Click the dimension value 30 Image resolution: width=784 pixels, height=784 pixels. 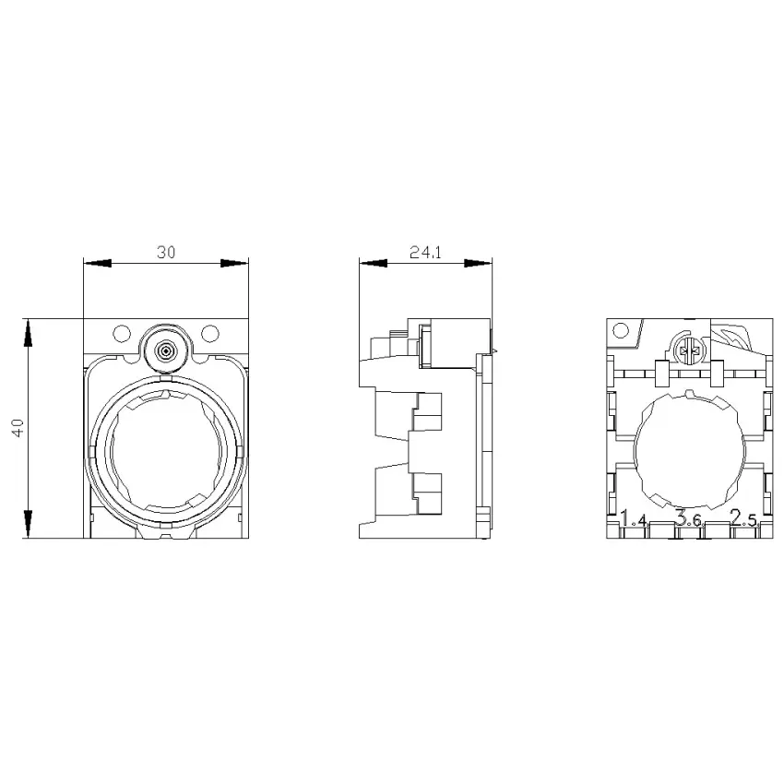(166, 252)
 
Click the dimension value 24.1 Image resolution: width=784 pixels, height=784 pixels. (425, 252)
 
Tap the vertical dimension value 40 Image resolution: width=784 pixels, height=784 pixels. (18, 428)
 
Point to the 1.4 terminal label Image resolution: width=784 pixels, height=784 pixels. (634, 518)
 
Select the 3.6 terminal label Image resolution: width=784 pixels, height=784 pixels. (689, 518)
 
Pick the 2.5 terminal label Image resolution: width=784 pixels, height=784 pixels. (743, 518)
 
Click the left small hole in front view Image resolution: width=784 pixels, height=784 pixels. (122, 333)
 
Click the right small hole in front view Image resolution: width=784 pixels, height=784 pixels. (210, 333)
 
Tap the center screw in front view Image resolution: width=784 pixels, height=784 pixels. (165, 351)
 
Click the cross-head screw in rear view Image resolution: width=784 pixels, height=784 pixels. (688, 349)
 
